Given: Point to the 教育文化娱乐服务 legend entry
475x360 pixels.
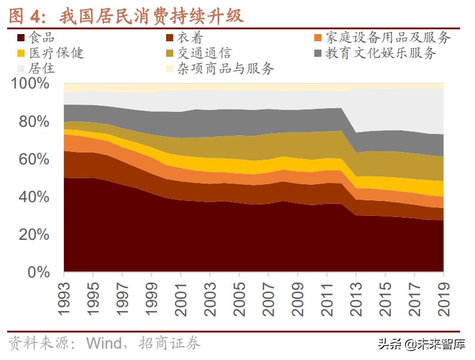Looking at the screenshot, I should coord(381,53).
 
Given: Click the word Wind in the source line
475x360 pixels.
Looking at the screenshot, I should coord(105,343).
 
